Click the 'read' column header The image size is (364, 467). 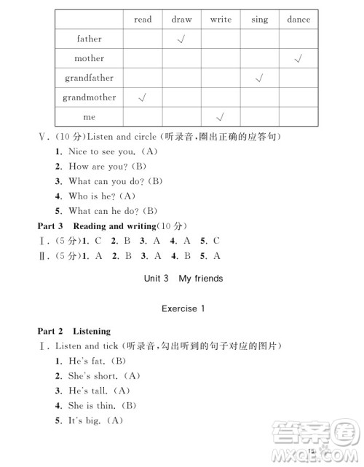click(x=143, y=20)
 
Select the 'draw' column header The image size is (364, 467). click(x=182, y=20)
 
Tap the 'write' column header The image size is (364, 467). click(x=221, y=20)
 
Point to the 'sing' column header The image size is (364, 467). click(x=259, y=20)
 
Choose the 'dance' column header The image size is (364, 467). click(x=298, y=20)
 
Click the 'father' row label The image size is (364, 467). click(x=90, y=39)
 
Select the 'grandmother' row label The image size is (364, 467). click(x=90, y=97)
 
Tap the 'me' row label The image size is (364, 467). click(x=90, y=116)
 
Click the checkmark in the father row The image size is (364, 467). click(x=182, y=39)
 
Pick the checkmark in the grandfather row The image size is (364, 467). click(x=259, y=78)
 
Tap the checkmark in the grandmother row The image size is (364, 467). click(x=143, y=97)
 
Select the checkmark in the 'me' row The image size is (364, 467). click(x=221, y=116)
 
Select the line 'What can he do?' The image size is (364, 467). click(x=104, y=211)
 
